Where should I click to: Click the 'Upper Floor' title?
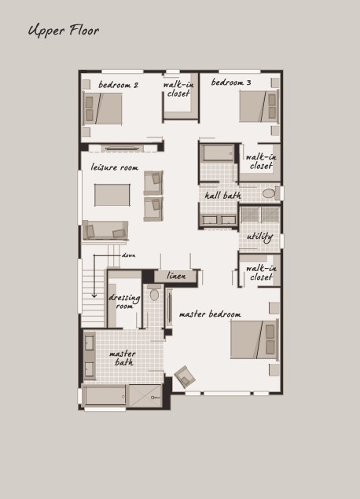(64, 31)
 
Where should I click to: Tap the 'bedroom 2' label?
(118, 85)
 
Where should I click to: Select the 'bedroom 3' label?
(231, 83)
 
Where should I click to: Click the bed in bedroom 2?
(102, 109)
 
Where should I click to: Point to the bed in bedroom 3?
(259, 106)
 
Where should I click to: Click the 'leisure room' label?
(115, 167)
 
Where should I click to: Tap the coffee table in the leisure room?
(112, 195)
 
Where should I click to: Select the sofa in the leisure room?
(105, 230)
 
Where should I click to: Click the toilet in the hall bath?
(270, 193)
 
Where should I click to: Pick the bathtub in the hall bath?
(219, 153)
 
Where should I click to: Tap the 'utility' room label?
(259, 237)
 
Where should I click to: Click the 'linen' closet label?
(176, 276)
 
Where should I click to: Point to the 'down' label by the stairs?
(129, 255)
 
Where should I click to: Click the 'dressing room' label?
(124, 302)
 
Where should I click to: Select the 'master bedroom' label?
(210, 314)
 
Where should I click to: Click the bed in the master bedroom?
(255, 339)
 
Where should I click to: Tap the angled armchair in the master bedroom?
(185, 376)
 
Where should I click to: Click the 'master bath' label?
(123, 358)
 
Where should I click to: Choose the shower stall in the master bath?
(145, 396)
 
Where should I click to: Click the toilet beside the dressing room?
(154, 293)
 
